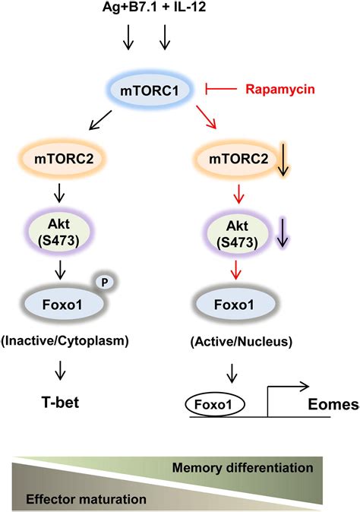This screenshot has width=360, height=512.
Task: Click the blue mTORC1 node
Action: (148, 91)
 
